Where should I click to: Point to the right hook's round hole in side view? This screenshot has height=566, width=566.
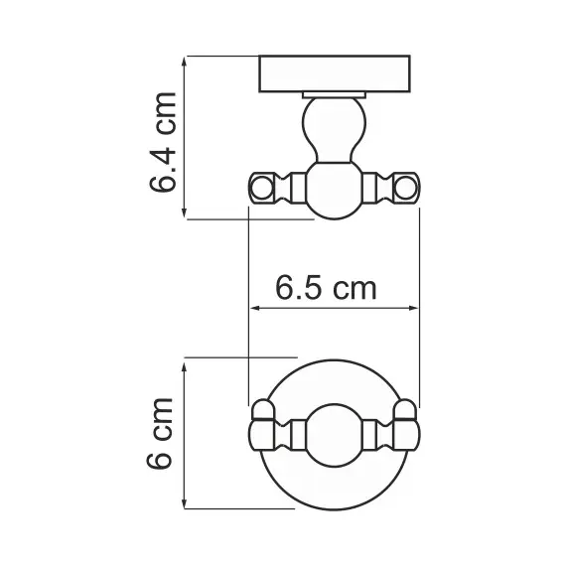pyautogui.click(x=408, y=187)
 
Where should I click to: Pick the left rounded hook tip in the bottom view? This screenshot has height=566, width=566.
pyautogui.click(x=262, y=410)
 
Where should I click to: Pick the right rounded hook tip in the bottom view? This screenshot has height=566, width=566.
pyautogui.click(x=407, y=410)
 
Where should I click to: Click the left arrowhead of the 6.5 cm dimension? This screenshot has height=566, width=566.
pyautogui.click(x=252, y=309)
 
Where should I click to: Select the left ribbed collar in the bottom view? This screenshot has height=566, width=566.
pyautogui.click(x=287, y=433)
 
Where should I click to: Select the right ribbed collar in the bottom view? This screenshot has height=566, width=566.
pyautogui.click(x=382, y=433)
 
